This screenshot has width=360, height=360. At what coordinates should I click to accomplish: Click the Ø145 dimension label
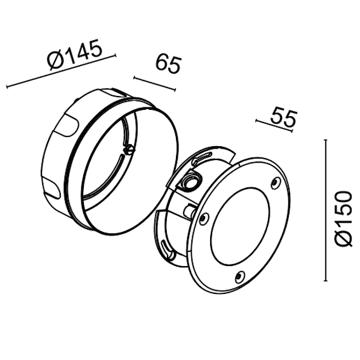point(74,55)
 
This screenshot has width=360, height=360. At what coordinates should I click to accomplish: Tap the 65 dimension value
point(168,64)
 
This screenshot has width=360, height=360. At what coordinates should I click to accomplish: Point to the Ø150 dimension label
point(343,219)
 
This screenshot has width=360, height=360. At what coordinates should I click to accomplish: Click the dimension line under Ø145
point(61,71)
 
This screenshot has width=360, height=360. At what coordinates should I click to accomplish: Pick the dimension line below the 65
point(154,84)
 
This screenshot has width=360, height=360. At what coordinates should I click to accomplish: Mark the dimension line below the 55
point(274,126)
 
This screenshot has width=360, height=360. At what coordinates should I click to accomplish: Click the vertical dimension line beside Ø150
point(325,210)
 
